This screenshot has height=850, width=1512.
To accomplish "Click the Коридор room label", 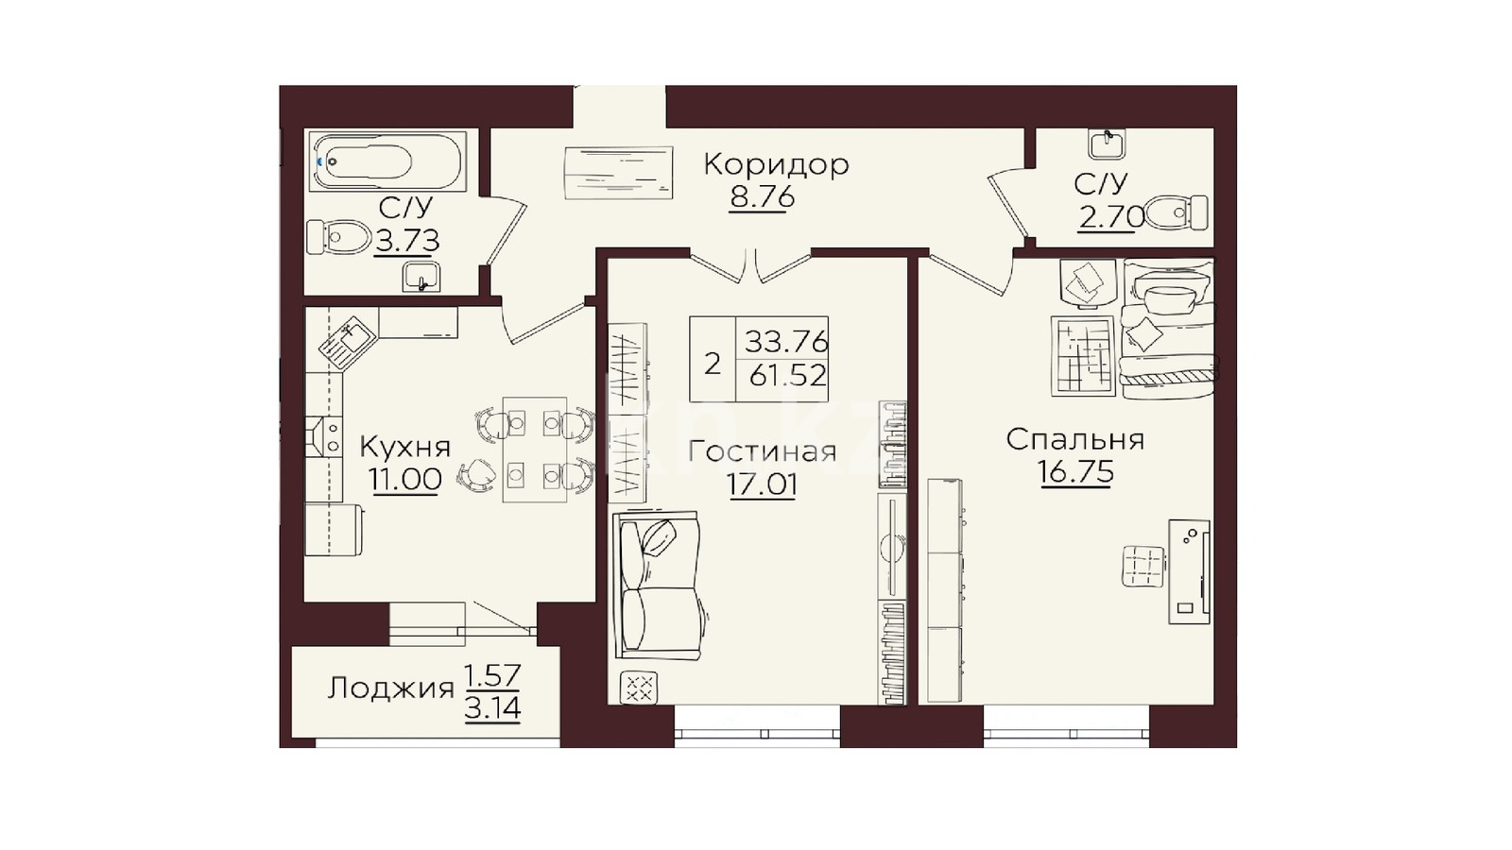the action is [776, 164].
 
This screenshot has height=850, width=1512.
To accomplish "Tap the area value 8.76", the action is [762, 197].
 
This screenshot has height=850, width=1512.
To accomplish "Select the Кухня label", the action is [405, 447].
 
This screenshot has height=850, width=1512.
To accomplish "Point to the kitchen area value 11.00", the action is [405, 479].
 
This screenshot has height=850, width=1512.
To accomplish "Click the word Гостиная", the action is [763, 451].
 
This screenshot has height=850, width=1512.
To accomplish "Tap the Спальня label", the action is [1075, 440].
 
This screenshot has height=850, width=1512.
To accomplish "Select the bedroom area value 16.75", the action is [1076, 472].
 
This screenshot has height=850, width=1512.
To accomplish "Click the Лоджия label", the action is [390, 688].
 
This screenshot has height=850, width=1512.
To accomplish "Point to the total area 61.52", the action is [788, 375].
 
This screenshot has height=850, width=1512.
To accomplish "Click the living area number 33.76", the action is [786, 342].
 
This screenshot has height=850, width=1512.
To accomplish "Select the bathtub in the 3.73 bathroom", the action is [388, 161].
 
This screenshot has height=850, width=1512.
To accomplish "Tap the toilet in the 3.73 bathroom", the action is [338, 237].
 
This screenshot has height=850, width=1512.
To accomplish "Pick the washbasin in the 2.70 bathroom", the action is [1107, 144].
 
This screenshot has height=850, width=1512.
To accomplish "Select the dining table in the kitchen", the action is [535, 450].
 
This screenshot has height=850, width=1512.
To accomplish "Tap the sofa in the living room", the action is [657, 585].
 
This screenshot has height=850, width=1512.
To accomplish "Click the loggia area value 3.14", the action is [492, 709].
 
